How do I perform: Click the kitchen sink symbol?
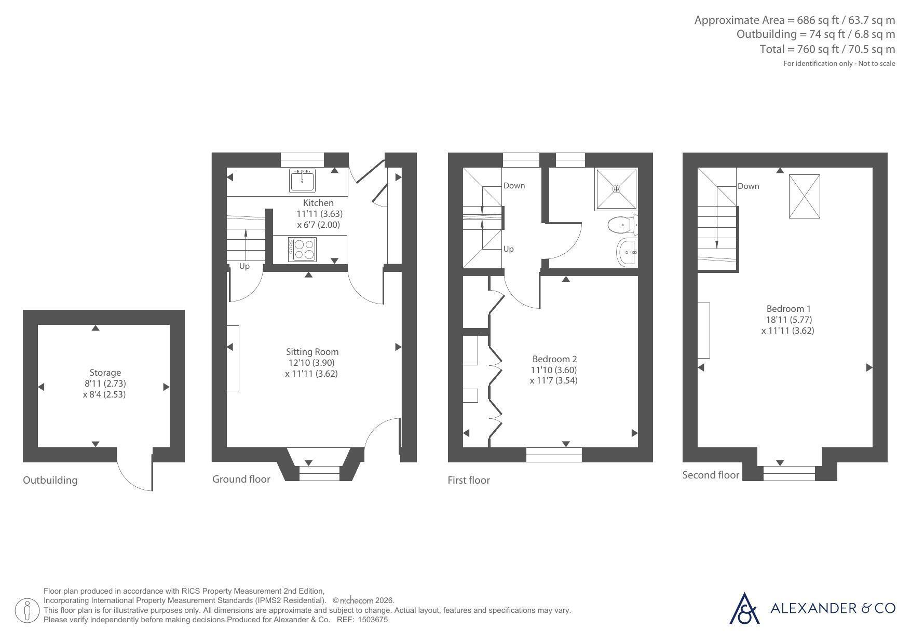pos(302,180)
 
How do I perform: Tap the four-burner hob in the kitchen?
pos(302,250)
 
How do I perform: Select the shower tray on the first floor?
pos(616,189)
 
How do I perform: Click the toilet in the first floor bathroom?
pos(622,225)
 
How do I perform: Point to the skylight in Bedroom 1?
pos(805,196)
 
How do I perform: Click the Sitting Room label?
pos(312,352)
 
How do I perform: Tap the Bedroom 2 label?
pos(554,359)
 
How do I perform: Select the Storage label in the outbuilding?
pos(105,373)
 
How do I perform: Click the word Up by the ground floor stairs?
pos(244,266)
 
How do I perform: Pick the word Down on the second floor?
pos(749,186)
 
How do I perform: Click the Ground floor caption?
pos(241,479)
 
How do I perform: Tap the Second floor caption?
pos(711,475)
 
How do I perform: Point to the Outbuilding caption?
pos(50,480)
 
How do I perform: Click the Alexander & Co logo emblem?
pos(745,608)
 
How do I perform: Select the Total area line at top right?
pos(827,49)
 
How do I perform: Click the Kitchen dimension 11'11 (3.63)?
pos(319,214)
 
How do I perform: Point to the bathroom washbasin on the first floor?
pos(628,253)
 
